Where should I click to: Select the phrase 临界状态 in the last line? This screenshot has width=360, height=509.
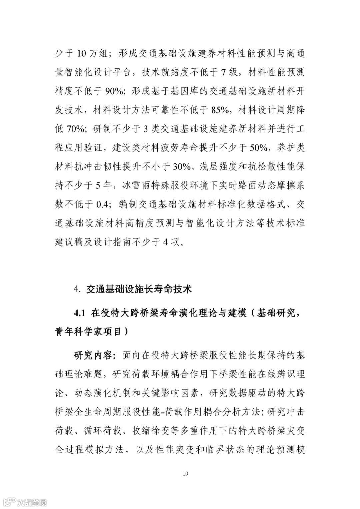(x=230, y=450)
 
